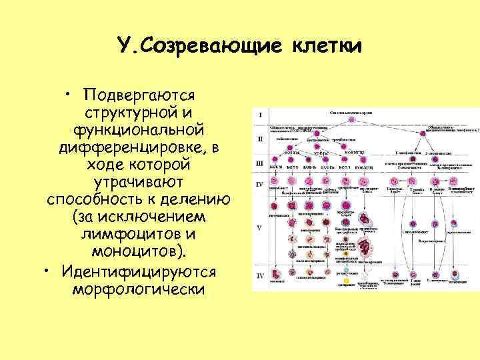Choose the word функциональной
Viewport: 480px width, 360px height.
[x=139, y=128]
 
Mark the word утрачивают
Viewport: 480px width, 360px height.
[x=139, y=181]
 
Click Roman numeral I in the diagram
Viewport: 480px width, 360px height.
[x=260, y=115]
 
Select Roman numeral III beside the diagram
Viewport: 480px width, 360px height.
[x=260, y=162]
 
